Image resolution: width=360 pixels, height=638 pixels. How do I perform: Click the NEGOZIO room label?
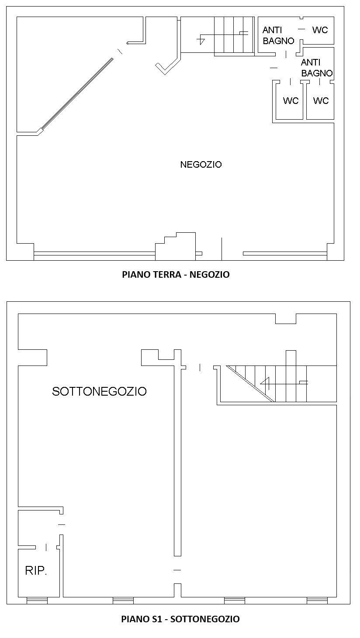pos(201,164)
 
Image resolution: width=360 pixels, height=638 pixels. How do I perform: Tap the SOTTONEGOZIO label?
pos(99,391)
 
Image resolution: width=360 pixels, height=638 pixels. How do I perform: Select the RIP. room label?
pos(36,570)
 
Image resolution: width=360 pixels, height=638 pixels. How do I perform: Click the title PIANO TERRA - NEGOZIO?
pos(176,274)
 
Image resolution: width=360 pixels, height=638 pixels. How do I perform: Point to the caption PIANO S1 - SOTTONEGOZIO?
pos(180,619)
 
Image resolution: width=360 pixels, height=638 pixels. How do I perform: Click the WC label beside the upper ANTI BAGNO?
pos(320,30)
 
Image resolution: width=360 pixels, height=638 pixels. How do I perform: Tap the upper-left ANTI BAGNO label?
pos(278,35)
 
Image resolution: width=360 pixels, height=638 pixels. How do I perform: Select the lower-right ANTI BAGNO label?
pos(317,68)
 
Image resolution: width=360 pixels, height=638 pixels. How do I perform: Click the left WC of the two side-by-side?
pos(291,100)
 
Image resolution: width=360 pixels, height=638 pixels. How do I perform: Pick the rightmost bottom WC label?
pos(321,100)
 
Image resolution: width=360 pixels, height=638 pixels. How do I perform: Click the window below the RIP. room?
pos(37,600)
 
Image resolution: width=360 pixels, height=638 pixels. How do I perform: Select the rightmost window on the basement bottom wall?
pos(317,600)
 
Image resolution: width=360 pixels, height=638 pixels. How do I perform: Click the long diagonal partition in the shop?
pos(77,94)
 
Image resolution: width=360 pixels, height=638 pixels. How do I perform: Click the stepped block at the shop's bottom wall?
pos(175,246)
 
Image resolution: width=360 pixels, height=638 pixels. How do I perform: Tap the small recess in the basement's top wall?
pos(286,319)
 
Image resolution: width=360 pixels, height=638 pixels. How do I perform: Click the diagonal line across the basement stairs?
pos(250,384)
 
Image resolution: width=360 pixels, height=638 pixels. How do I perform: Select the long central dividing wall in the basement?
pos(177,453)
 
